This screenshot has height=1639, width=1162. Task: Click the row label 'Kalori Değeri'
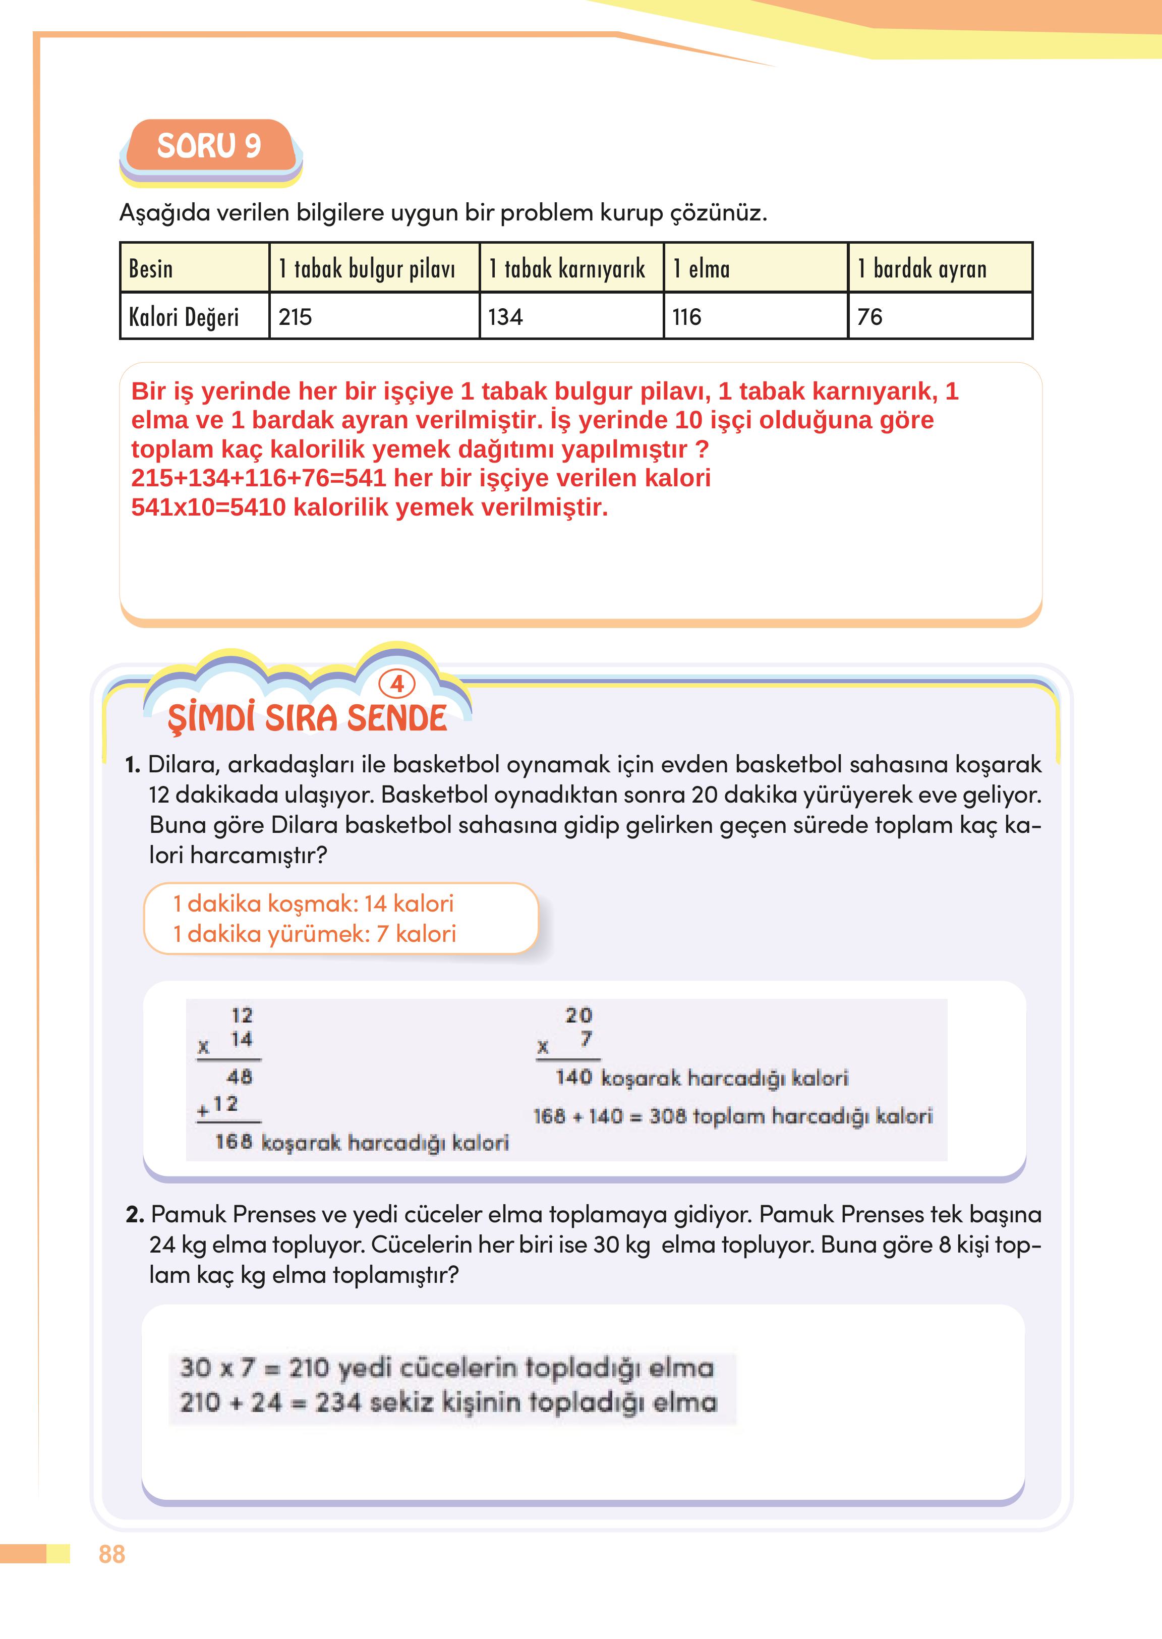coord(184,316)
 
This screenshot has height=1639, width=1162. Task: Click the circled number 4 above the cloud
coord(397,684)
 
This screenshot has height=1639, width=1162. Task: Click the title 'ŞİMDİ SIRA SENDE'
coord(307,718)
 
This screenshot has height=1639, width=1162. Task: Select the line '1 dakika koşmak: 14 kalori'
coord(313,903)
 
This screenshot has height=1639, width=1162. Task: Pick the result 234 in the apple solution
coord(338,1402)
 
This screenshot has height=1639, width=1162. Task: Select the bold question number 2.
coord(135,1215)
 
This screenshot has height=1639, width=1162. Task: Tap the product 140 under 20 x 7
coord(574,1077)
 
